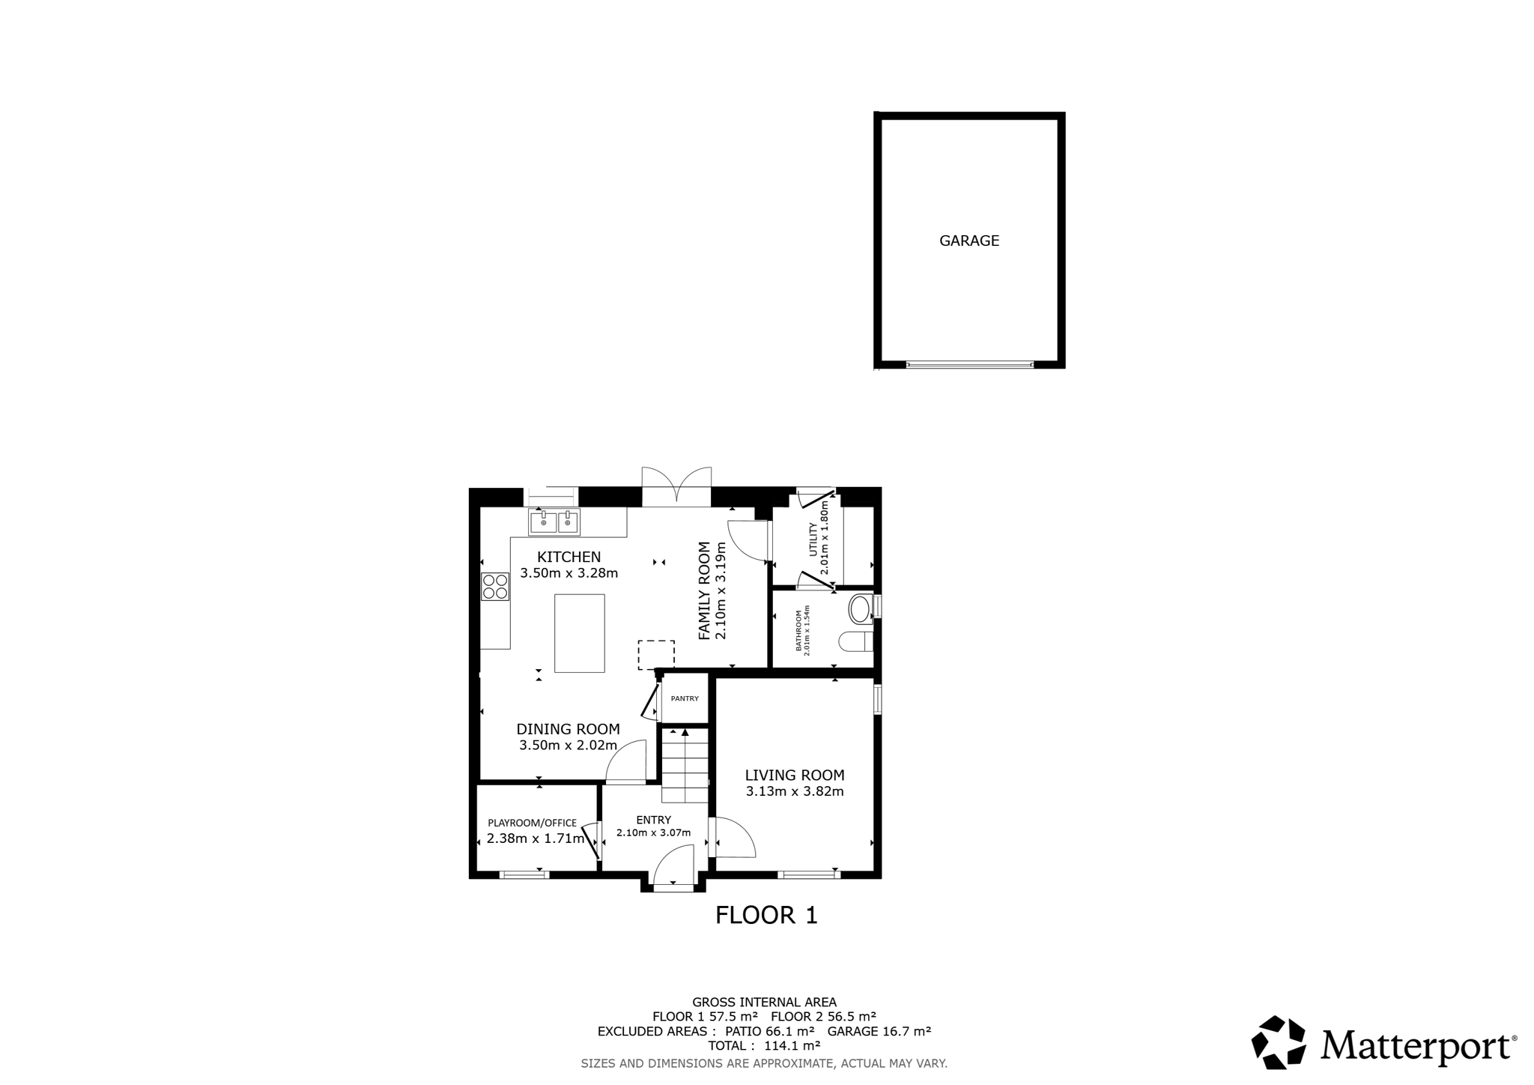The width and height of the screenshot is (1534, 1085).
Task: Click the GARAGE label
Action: [969, 241]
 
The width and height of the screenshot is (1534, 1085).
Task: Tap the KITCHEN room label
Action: [569, 557]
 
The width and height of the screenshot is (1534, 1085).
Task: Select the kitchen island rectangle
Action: [579, 633]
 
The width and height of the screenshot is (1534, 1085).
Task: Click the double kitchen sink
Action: [554, 522]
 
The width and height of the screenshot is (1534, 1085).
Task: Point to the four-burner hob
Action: [495, 586]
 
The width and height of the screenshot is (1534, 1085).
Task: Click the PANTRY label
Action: [685, 698]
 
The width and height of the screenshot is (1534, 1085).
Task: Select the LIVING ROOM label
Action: [795, 776]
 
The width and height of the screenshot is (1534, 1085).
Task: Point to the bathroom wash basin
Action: [861, 609]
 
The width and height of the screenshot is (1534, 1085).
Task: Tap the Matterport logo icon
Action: [1279, 1042]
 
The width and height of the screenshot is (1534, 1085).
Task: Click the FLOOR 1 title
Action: [766, 915]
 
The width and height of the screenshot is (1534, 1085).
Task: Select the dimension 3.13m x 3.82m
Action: [795, 791]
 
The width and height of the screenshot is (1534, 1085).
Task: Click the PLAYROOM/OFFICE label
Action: [532, 823]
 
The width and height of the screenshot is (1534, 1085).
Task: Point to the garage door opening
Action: [970, 365]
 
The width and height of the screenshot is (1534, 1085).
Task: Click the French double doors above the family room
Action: [676, 485]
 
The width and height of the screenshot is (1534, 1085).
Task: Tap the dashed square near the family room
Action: [656, 654]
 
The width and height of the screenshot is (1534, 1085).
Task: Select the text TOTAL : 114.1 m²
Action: [764, 1045]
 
